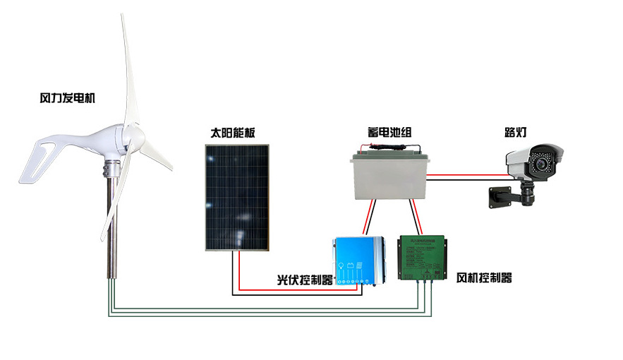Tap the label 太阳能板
click(233, 132)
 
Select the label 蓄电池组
click(385, 132)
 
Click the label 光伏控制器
click(304, 280)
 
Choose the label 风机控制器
click(484, 277)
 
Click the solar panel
click(237, 197)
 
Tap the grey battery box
click(390, 177)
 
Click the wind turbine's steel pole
click(111, 226)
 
